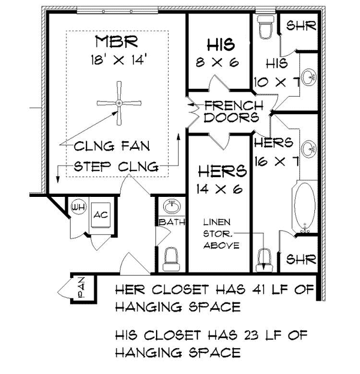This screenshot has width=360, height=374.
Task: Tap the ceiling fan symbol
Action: point(119,103)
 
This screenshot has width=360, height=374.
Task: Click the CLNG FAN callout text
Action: point(112,146)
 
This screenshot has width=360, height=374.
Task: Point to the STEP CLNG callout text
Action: point(116,165)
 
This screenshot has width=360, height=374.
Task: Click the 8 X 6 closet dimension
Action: point(217,62)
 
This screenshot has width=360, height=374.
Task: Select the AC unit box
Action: point(98,214)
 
